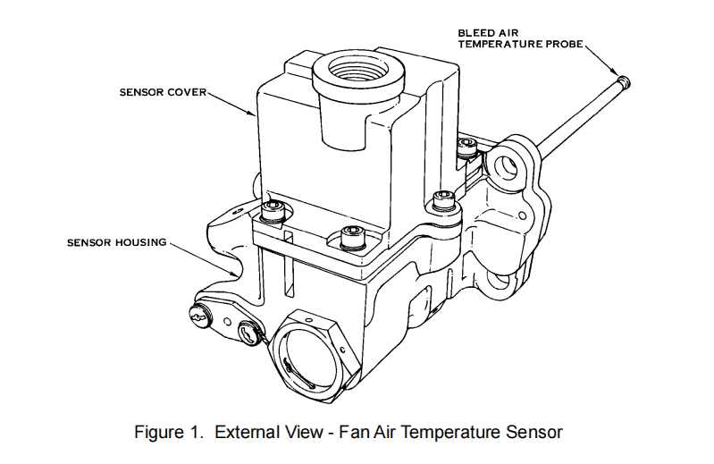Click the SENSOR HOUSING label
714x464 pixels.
pyautogui.click(x=117, y=241)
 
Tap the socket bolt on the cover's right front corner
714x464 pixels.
pyautogui.click(x=439, y=198)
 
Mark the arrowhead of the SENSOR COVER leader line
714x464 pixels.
pyautogui.click(x=256, y=118)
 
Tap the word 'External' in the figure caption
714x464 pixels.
pyautogui.click(x=243, y=433)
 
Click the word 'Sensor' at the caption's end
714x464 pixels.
pyautogui.click(x=536, y=433)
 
